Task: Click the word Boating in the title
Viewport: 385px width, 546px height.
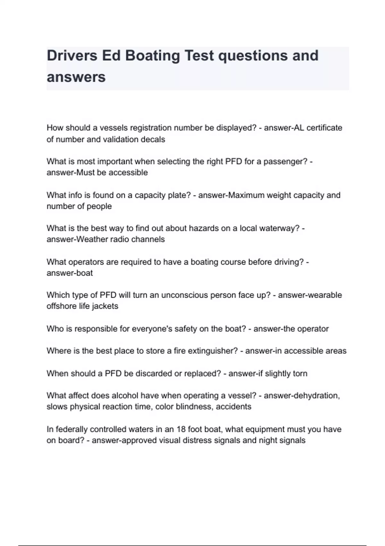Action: coord(152,56)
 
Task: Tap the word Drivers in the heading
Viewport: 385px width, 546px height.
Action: coord(72,56)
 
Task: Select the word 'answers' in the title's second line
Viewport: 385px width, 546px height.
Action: coord(76,77)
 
